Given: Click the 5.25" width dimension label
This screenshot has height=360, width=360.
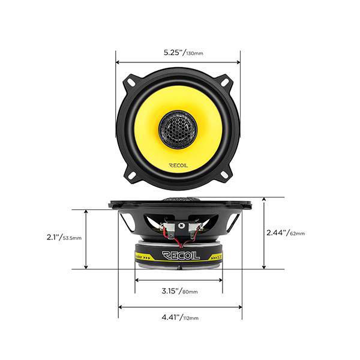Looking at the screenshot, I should point(173,52).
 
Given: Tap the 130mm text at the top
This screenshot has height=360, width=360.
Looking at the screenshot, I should point(194,54).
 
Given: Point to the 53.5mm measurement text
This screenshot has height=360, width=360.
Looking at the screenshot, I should point(73,238).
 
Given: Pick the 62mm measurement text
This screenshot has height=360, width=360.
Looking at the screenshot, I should point(297,233).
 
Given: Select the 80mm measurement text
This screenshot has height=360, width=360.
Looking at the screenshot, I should point(189,292).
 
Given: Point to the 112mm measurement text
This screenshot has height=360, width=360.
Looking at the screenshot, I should point(190,318).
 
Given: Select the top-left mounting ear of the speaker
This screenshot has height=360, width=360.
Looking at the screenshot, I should point(130,80).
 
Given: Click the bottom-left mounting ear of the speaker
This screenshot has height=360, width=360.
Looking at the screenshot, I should point(130,174).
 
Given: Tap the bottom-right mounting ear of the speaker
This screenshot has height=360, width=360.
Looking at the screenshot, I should point(226,174).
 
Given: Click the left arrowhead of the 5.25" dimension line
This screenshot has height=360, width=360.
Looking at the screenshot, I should point(118,61).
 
